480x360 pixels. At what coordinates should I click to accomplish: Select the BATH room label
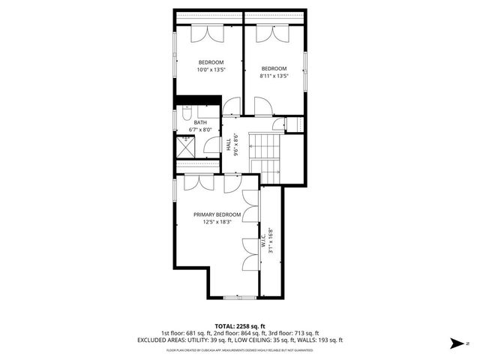coord(200,122)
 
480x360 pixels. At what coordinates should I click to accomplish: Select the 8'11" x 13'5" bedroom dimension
coord(274,75)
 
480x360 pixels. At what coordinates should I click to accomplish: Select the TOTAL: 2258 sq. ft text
coord(239,326)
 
